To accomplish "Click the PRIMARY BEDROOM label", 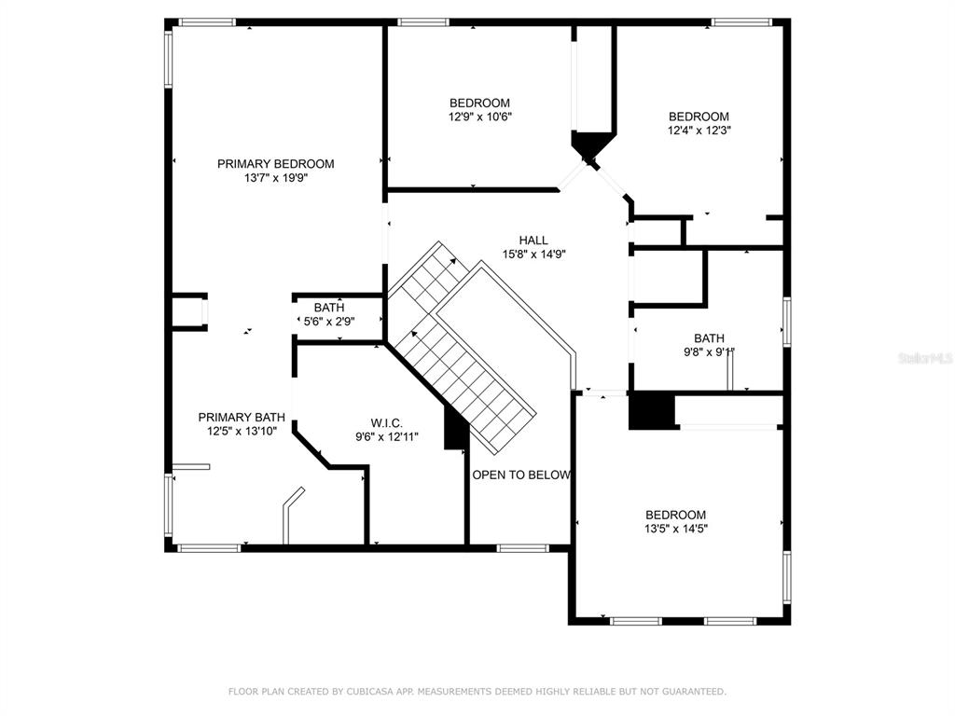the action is coord(275,164).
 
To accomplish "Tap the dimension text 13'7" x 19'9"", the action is coord(276,178).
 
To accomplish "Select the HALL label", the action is coord(533,241).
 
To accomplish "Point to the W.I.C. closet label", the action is coord(387,423).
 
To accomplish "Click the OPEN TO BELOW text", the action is coord(521,475).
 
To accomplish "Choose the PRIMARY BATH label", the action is coord(242,417).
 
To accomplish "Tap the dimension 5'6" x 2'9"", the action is coord(329,322).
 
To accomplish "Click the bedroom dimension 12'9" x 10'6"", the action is coord(480,117).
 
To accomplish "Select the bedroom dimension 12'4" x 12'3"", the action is coord(699,131).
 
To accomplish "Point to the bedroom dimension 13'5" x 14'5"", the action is coord(676,530).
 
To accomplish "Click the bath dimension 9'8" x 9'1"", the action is coord(710,351).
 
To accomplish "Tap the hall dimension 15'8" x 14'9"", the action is coord(534,255).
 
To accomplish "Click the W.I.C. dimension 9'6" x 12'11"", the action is coord(387,436).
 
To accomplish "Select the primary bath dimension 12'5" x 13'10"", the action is coord(242,431).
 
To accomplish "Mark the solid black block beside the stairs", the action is coord(454,428).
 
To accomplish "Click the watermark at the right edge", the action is coord(926,358).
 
